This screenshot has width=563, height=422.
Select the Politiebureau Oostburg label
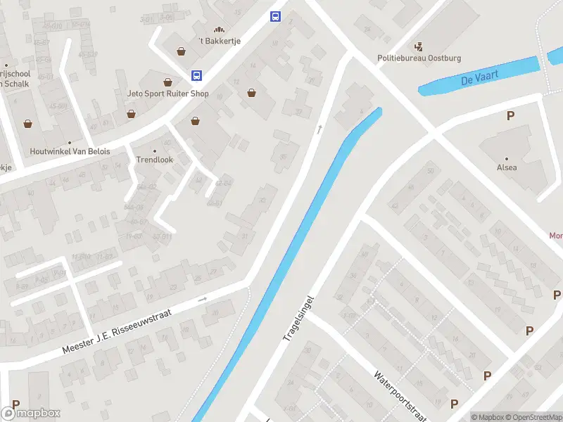[x=419, y=58]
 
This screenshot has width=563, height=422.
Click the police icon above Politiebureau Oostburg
[x=419, y=47]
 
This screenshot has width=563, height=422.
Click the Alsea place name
[x=507, y=167]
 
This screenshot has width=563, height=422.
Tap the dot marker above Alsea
[x=507, y=158]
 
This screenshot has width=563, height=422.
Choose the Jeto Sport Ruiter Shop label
[x=168, y=93]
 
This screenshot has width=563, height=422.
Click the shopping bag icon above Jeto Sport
[x=167, y=82]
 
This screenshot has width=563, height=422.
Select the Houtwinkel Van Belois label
[x=70, y=151]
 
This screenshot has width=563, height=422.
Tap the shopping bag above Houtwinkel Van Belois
[x=28, y=124]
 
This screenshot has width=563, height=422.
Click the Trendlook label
[x=154, y=160]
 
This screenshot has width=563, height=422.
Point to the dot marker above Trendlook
[x=155, y=151]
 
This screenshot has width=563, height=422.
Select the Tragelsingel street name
[x=298, y=318]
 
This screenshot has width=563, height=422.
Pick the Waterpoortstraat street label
[x=401, y=395]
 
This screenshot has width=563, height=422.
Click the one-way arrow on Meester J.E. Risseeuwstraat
[x=203, y=299]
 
